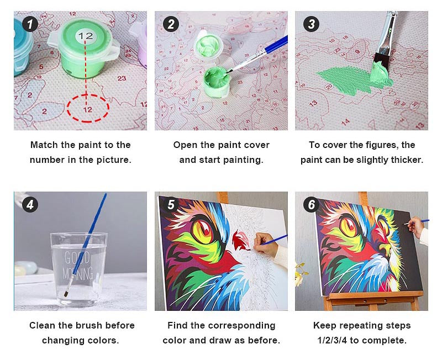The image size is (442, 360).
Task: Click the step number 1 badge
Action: coord(30,24)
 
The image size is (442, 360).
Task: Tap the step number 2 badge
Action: coord(171,24)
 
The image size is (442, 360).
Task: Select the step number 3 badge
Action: coord(311,24)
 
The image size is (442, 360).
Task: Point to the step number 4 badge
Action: coord(30,204)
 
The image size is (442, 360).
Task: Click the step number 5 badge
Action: coord(171,204)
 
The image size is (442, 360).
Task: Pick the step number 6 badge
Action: coord(311,204)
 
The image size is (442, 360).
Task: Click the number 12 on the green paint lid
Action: coord(86,36)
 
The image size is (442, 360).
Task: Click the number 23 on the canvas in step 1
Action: coord(122,78)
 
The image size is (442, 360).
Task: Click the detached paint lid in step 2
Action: coord(209,45)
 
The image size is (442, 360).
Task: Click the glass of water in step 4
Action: coord(78,269)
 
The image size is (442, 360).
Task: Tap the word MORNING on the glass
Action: coord(78,273)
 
